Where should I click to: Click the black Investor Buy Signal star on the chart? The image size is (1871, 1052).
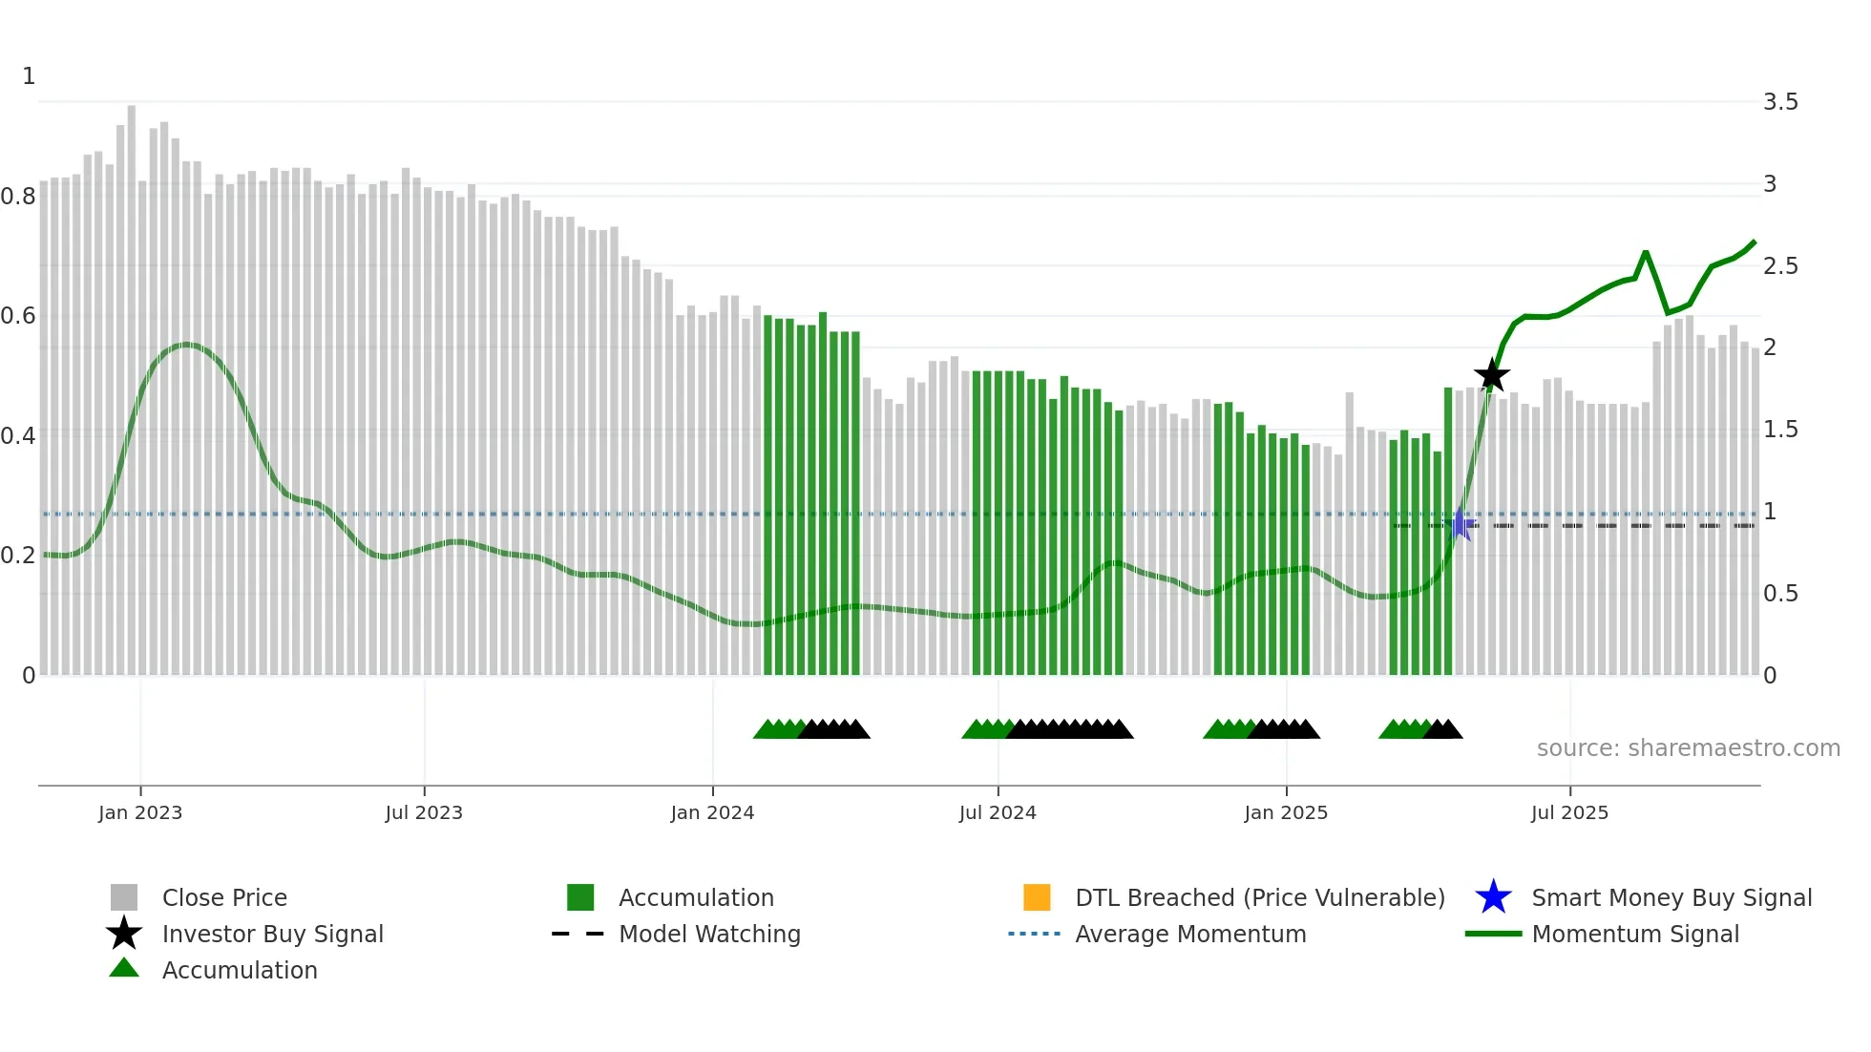tap(1491, 375)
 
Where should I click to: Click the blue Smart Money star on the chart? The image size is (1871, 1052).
tap(1461, 525)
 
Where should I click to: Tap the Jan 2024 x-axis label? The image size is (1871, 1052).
tap(712, 812)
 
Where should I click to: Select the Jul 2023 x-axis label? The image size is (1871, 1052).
tap(424, 812)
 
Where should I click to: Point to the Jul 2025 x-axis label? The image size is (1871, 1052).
tap(1569, 812)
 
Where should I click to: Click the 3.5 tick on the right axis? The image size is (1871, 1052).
tap(1780, 102)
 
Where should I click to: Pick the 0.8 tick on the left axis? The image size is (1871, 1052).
tap(18, 197)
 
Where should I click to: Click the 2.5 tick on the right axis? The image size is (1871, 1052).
tap(1780, 266)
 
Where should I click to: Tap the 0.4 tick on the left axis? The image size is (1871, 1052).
tap(18, 436)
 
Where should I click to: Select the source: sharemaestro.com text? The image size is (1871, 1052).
tap(1688, 748)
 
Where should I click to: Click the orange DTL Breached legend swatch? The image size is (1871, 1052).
tap(1037, 897)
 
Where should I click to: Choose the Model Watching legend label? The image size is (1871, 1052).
tap(709, 934)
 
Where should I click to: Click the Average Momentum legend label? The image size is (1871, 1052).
tap(1190, 934)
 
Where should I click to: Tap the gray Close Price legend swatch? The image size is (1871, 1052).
tap(124, 897)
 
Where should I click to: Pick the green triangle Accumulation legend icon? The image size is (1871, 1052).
tap(124, 968)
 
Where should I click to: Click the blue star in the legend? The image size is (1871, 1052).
tap(1493, 897)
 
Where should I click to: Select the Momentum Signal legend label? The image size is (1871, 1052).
tap(1635, 934)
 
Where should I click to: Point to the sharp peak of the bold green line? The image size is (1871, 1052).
tap(1646, 253)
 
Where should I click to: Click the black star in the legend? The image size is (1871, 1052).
tap(124, 934)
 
